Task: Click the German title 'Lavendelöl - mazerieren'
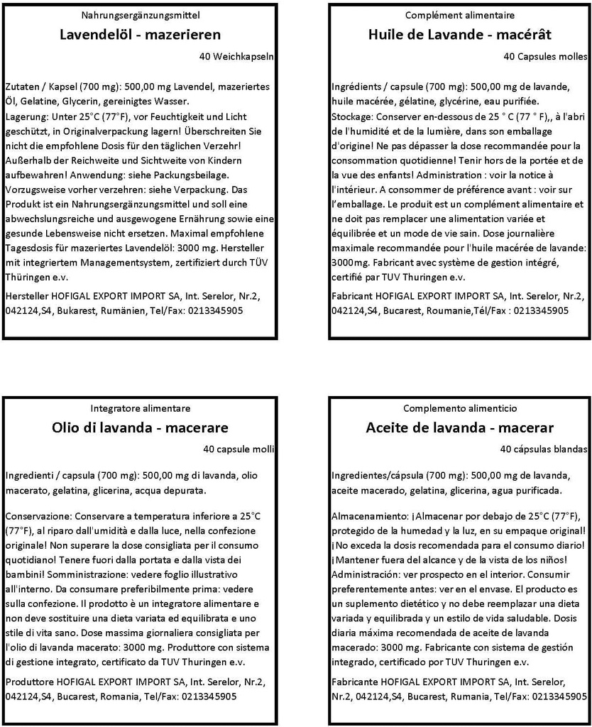pos(141,35)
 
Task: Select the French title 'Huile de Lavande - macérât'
pos(459,35)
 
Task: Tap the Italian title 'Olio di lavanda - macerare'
pos(141,427)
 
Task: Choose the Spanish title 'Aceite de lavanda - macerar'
pos(459,427)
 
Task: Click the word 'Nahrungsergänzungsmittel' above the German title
pos(141,15)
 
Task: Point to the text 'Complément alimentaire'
pos(460,15)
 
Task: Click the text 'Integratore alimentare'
pos(141,408)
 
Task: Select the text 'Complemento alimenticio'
pos(460,408)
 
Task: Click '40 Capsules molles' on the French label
pos(545,56)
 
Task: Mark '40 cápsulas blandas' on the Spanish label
pos(544,449)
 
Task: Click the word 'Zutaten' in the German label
pos(22,87)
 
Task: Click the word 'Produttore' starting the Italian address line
pos(28,682)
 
